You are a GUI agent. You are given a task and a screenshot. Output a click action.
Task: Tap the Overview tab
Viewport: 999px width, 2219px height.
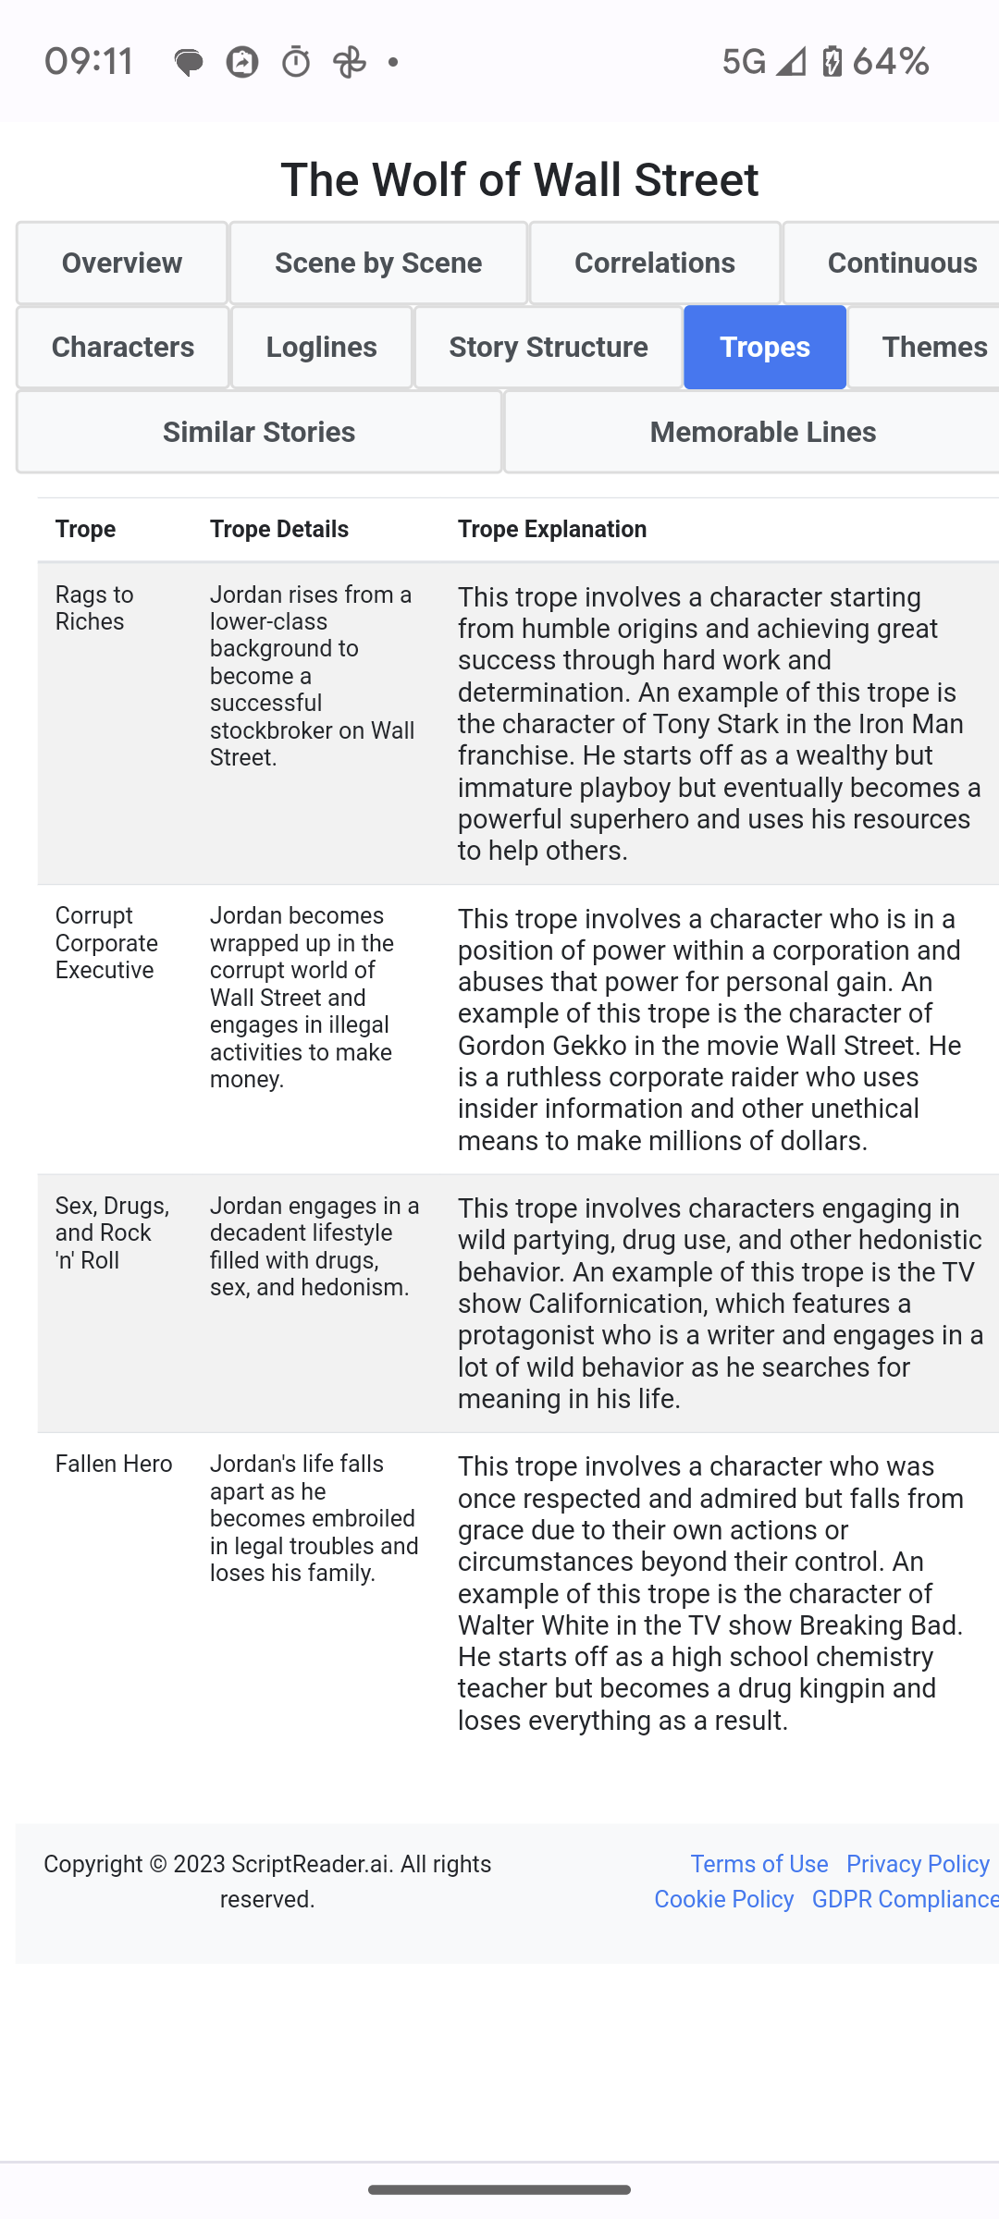coord(122,264)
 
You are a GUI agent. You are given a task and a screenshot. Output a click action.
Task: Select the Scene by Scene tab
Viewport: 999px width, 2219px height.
coord(378,264)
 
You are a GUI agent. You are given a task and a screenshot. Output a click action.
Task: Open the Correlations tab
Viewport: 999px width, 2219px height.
coord(655,264)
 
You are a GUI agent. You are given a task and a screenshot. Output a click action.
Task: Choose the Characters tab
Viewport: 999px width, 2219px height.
coord(123,348)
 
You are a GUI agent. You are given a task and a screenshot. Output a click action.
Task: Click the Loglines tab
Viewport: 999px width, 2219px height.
coord(321,348)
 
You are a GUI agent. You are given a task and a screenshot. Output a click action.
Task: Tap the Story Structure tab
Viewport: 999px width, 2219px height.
coord(549,348)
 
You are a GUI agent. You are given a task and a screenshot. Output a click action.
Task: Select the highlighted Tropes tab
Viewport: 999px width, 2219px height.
coord(765,348)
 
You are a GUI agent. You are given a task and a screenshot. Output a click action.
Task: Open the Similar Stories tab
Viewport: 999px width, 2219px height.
coord(259,432)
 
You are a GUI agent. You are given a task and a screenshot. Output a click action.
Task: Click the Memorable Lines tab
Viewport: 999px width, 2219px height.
coord(762,432)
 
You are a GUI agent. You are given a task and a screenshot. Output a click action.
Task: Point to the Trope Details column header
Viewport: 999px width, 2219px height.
coord(279,529)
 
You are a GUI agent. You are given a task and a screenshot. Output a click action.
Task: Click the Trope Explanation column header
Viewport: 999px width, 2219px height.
coord(552,529)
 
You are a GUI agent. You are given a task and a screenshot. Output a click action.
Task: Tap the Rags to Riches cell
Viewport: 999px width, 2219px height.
coord(94,607)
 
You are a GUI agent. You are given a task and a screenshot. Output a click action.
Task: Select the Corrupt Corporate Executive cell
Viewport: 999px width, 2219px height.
coord(106,942)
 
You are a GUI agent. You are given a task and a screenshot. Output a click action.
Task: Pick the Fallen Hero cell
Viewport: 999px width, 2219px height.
coord(114,1464)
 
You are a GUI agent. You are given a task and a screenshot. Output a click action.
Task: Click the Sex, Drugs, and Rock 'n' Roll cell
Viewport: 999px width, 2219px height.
coord(112,1232)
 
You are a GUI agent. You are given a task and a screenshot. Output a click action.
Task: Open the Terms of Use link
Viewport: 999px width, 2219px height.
coord(759,1864)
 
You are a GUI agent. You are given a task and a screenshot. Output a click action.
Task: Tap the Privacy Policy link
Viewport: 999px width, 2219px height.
coord(918,1864)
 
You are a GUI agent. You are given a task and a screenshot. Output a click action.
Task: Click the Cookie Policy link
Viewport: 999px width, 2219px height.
coord(723,1899)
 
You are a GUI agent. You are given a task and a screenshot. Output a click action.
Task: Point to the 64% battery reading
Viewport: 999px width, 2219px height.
coord(891,62)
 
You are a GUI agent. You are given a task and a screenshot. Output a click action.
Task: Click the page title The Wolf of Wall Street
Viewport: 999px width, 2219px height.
coord(520,179)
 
